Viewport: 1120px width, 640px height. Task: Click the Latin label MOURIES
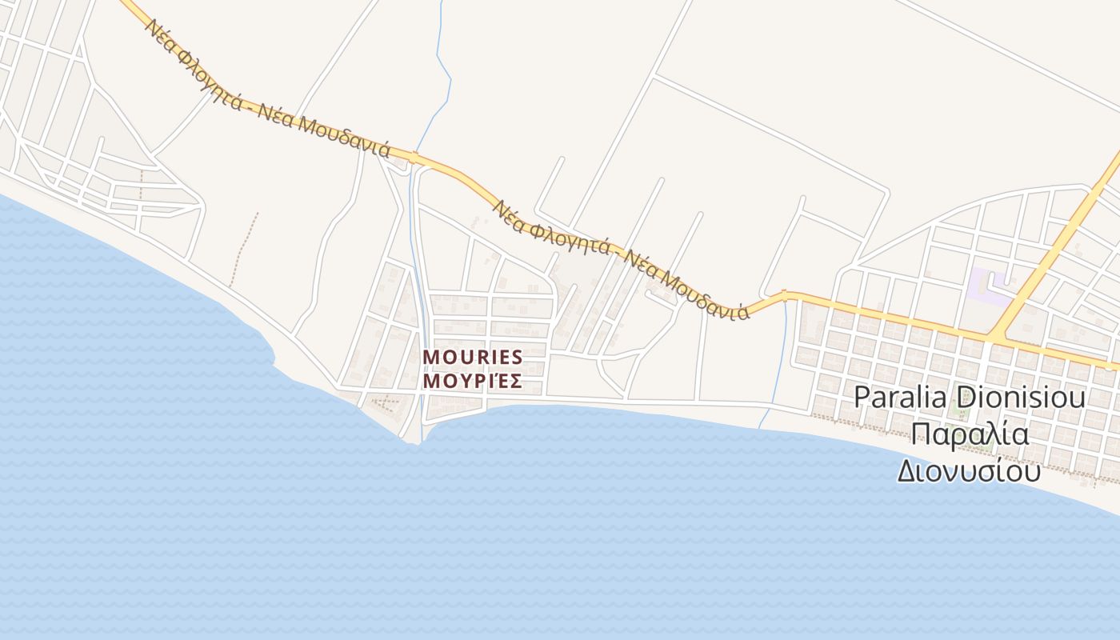coord(472,357)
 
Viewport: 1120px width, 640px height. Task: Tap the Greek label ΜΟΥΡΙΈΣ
coord(472,381)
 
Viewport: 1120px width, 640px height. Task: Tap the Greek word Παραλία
coord(970,434)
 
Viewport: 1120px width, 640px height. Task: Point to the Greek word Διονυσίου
coord(968,470)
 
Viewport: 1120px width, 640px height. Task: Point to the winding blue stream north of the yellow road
coord(442,72)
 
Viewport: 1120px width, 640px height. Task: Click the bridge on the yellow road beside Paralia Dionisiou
coord(785,296)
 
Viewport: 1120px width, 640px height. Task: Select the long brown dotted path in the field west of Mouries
coord(244,248)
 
